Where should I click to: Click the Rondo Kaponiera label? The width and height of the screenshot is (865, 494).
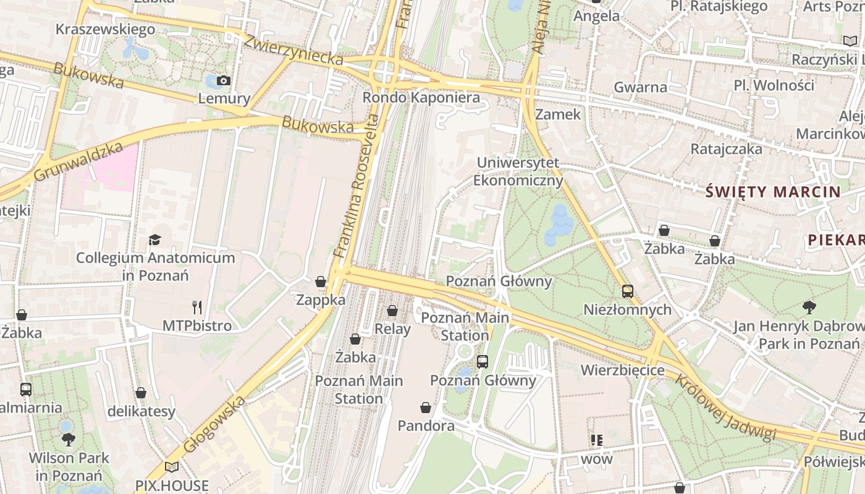pyautogui.click(x=421, y=98)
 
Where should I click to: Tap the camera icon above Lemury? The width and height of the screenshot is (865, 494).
pyautogui.click(x=224, y=81)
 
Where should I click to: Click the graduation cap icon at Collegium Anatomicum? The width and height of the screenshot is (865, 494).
pyautogui.click(x=154, y=240)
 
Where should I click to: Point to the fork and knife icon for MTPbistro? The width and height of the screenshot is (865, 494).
pyautogui.click(x=197, y=307)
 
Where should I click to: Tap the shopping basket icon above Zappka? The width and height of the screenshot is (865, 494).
pyautogui.click(x=320, y=282)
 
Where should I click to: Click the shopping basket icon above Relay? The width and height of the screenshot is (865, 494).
pyautogui.click(x=392, y=311)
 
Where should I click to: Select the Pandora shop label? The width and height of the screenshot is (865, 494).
pyautogui.click(x=426, y=425)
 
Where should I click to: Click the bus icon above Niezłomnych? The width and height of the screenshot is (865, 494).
pyautogui.click(x=627, y=291)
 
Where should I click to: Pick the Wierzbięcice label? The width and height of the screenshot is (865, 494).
pyautogui.click(x=622, y=371)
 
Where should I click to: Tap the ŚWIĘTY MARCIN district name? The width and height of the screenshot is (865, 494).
pyautogui.click(x=773, y=191)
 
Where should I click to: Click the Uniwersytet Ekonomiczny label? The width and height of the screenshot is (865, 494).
pyautogui.click(x=518, y=172)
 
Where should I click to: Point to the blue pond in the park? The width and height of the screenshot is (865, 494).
pyautogui.click(x=559, y=226)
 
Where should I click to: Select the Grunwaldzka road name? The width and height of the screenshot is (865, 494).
pyautogui.click(x=78, y=162)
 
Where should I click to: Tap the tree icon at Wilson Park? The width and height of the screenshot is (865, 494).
pyautogui.click(x=68, y=440)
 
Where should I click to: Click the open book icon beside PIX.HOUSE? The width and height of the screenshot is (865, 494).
pyautogui.click(x=172, y=467)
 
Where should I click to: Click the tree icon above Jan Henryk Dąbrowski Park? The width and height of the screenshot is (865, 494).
pyautogui.click(x=808, y=307)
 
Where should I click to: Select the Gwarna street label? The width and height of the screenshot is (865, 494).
pyautogui.click(x=640, y=87)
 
